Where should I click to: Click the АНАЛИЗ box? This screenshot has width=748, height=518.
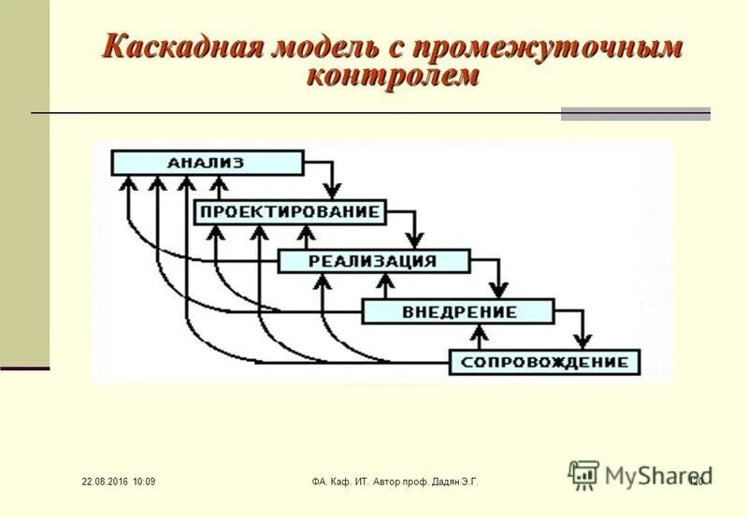[x=207, y=163]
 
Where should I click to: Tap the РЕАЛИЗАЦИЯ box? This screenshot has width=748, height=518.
[x=372, y=261]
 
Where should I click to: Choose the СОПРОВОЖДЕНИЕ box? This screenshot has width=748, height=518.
[x=543, y=361]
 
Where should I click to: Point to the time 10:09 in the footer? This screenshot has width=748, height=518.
[x=144, y=482]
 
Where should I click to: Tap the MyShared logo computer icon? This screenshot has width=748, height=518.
[x=583, y=474]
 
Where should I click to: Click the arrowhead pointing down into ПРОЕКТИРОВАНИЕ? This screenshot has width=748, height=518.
[x=332, y=191]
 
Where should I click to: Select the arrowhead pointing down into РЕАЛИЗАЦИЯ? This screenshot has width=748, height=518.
[x=416, y=240]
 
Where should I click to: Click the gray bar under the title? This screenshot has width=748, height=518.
[x=635, y=114]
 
